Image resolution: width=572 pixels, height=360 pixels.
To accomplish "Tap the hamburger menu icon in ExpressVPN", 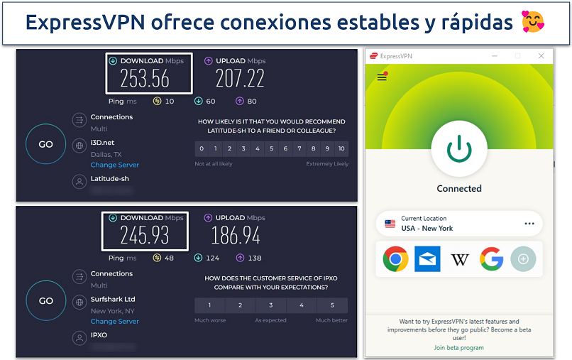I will pyautogui.click(x=382, y=77).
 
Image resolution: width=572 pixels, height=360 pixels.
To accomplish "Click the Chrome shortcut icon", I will pyautogui.click(x=395, y=259).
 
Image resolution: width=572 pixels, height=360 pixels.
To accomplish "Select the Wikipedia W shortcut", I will pyautogui.click(x=460, y=260).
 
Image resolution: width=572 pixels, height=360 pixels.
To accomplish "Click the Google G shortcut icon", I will pyautogui.click(x=492, y=259).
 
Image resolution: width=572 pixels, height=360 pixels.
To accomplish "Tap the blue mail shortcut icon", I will pyautogui.click(x=428, y=259).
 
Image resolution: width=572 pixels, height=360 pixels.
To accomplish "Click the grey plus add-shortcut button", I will pyautogui.click(x=524, y=260).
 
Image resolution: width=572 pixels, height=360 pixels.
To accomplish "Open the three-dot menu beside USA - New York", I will pyautogui.click(x=529, y=223).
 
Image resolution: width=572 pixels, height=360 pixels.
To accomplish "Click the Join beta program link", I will pyautogui.click(x=459, y=348).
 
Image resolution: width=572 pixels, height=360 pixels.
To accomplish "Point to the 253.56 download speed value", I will pyautogui.click(x=145, y=78).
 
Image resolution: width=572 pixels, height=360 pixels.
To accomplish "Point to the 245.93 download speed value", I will pyautogui.click(x=144, y=235).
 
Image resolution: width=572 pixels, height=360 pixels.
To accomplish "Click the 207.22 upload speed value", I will pyautogui.click(x=240, y=78).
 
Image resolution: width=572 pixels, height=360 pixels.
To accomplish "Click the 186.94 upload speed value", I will pyautogui.click(x=236, y=235).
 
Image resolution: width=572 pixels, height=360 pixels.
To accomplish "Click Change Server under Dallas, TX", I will pyautogui.click(x=114, y=165).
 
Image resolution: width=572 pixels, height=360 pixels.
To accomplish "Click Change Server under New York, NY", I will pyautogui.click(x=114, y=322).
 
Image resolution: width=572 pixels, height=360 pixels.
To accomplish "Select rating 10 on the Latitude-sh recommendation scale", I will pyautogui.click(x=341, y=148).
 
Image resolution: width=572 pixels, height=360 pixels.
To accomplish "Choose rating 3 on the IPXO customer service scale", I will pyautogui.click(x=271, y=305).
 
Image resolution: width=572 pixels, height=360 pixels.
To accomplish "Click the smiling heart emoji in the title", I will pyautogui.click(x=533, y=23).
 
